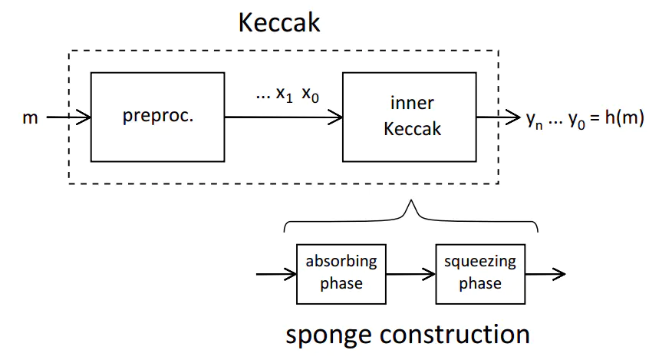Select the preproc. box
click(157, 117)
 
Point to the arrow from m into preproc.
click(68, 117)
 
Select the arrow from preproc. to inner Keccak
click(284, 117)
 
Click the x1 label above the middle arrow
click(285, 94)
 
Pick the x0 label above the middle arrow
click(311, 94)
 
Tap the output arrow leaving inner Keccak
click(499, 117)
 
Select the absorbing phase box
click(341, 272)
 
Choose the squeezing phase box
click(480, 272)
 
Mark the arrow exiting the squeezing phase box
click(546, 272)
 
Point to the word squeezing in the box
click(480, 262)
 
